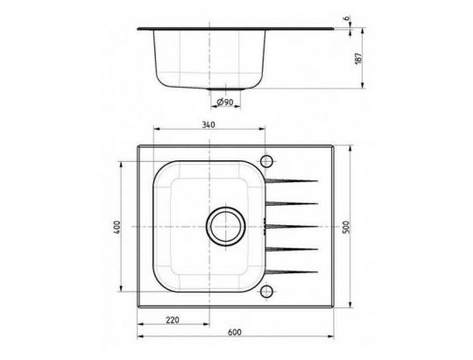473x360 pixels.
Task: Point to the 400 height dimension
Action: tap(116, 226)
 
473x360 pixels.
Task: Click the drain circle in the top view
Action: tap(224, 226)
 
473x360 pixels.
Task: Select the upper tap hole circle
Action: tap(267, 160)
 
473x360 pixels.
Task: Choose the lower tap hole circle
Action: tap(267, 292)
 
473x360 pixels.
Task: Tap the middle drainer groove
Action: tap(293, 226)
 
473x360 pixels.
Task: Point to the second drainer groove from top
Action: tap(293, 204)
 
